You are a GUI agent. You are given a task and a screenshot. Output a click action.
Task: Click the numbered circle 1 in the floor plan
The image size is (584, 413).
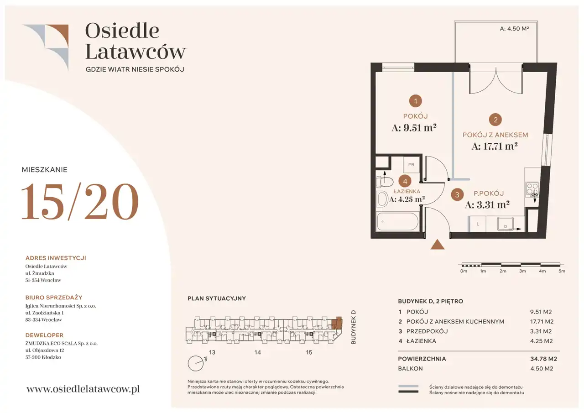[x=415, y=101]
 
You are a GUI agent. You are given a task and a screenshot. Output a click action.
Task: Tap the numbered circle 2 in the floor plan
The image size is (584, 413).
[x=495, y=120]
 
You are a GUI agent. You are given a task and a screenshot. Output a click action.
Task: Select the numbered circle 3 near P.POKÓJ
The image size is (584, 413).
[x=457, y=194]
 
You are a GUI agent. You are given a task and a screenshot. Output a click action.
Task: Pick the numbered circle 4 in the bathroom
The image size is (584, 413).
[x=405, y=182]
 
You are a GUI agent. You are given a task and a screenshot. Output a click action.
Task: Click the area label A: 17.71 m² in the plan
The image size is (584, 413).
[x=494, y=146]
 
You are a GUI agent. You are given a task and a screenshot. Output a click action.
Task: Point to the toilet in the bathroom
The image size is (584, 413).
[x=385, y=182]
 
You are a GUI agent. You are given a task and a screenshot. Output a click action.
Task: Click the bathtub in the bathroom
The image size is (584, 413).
[x=397, y=222]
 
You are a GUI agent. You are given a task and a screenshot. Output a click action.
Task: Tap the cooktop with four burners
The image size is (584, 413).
[x=532, y=189]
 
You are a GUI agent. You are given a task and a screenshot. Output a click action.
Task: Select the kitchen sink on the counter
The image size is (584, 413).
[x=505, y=224]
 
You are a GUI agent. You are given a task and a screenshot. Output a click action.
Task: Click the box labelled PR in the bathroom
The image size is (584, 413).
[x=411, y=165]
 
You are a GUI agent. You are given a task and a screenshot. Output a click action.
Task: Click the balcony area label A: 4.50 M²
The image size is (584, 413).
[x=514, y=29]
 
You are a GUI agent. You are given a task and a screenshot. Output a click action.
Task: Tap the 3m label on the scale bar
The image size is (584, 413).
[x=522, y=271]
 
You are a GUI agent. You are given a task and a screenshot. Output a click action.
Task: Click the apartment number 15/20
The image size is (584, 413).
[x=80, y=201]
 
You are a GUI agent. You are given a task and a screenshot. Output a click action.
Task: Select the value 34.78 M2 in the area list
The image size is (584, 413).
[x=543, y=359]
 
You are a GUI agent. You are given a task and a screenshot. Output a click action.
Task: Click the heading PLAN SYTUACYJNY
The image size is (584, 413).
[x=217, y=298]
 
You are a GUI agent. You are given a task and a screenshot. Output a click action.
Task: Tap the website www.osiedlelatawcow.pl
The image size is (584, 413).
[x=83, y=389]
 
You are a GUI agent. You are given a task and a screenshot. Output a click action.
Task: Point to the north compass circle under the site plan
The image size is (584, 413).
[x=196, y=363]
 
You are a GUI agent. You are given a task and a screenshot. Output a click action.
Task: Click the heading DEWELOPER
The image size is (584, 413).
[x=44, y=335]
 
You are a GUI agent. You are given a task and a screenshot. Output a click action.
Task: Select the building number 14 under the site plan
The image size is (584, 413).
[x=258, y=352]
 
